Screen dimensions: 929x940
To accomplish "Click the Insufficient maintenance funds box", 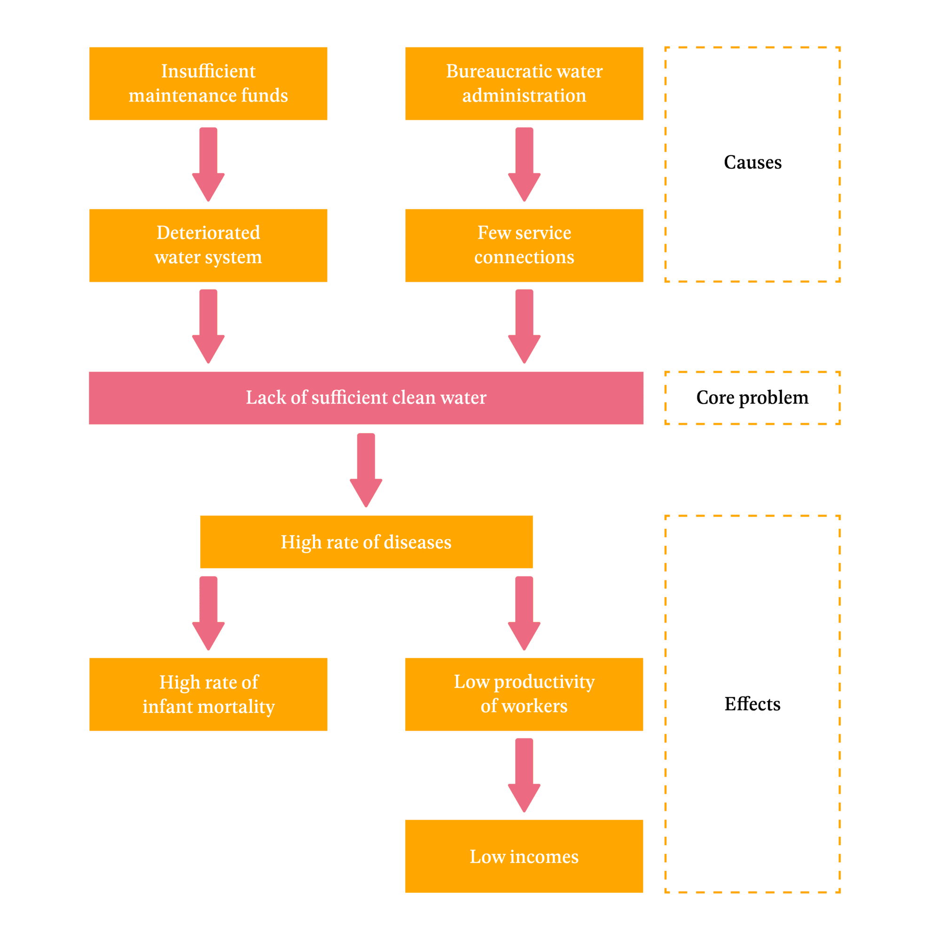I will (208, 84).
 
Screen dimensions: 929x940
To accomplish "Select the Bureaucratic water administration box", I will (524, 84).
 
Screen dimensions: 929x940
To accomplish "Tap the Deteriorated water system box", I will (208, 245).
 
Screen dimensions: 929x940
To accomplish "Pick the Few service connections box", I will (524, 245).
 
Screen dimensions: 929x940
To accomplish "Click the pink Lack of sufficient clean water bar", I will (366, 398).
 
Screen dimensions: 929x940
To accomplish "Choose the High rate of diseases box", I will (366, 542).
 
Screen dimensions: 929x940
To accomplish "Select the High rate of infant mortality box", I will (208, 694).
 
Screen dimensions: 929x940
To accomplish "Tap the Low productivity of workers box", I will (524, 694).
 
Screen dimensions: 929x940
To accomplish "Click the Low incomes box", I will (524, 856).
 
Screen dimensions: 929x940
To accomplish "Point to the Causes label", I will (752, 163).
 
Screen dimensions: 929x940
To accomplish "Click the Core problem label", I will (752, 398).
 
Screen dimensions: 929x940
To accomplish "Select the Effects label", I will (752, 704).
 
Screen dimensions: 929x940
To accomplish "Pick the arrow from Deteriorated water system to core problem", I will (208, 327).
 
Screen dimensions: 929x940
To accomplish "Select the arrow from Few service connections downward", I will (524, 327).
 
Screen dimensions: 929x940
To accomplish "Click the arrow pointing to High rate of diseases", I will (366, 470).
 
